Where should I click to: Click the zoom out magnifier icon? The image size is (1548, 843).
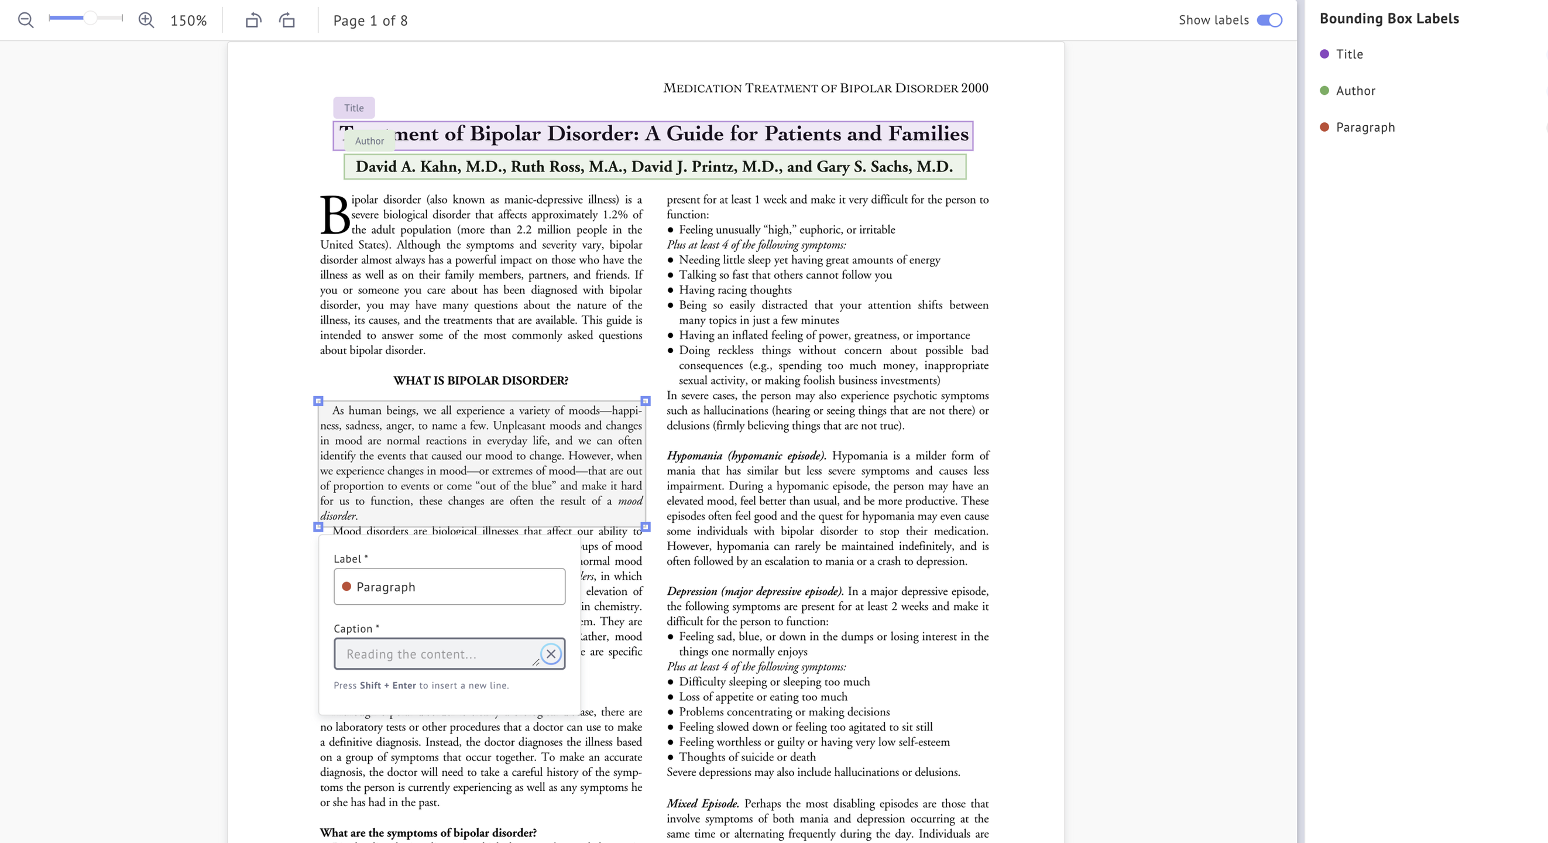[25, 20]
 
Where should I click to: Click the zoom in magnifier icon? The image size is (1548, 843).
[146, 20]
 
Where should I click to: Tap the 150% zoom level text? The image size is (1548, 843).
[188, 20]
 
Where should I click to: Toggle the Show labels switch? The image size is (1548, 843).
[1269, 20]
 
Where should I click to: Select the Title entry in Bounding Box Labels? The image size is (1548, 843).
[1349, 54]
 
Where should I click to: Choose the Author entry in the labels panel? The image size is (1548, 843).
[1355, 91]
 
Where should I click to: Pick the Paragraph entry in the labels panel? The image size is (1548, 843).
[1365, 128]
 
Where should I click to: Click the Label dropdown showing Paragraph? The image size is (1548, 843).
[449, 586]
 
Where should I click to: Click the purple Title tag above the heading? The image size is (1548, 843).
[354, 108]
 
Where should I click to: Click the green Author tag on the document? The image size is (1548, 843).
[369, 140]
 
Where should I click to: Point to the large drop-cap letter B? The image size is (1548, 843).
[335, 215]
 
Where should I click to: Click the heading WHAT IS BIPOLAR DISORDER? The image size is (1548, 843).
[480, 381]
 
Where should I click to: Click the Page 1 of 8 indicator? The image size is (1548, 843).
[370, 20]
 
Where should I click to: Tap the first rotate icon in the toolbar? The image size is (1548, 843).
[253, 20]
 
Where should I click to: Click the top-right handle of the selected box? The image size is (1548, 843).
[646, 400]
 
